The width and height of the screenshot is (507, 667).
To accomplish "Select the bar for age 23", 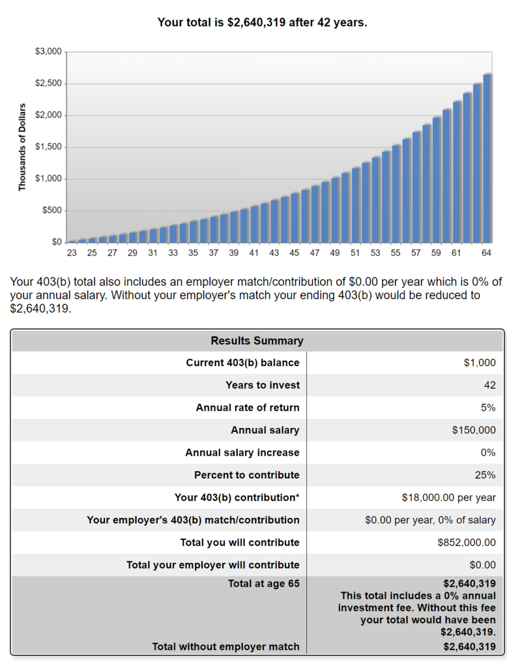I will pos(72,241).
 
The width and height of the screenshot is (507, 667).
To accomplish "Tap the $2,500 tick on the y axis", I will pos(48,83).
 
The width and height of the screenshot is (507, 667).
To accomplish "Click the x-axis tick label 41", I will pos(254,253).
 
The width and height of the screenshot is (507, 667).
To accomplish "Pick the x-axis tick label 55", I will pos(396,253).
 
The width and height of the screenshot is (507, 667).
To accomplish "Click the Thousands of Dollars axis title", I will pos(22,147).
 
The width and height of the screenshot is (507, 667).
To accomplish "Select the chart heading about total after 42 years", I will pos(262,23).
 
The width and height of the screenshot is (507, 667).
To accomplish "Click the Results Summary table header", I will pos(257,341).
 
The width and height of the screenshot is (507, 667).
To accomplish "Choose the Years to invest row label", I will pos(263,385).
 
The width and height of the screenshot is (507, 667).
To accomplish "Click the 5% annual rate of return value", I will pos(488,408).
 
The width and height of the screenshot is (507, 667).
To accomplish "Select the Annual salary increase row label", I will pos(242,453).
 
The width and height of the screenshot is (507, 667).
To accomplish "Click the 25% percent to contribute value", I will pos(485,475).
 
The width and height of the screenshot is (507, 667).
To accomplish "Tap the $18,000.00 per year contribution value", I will pos(448,498).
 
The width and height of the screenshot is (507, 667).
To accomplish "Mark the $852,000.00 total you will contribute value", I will pos(467,543).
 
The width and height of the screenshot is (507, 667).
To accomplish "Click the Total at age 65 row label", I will pos(263,584).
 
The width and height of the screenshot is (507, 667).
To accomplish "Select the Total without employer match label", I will pos(225,647).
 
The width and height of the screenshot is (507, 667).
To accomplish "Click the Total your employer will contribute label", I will pos(212,565).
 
